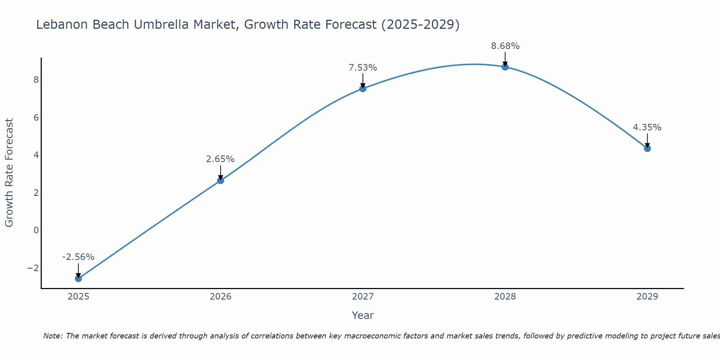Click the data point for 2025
78,278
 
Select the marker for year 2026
221,180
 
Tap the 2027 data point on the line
363,89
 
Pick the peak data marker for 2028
505,67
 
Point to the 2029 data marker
647,148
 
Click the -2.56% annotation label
78,257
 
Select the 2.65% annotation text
220,159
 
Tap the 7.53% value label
363,68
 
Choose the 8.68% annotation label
505,46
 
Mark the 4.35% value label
647,127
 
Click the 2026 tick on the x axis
221,297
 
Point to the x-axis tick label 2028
505,297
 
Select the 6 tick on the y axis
36,117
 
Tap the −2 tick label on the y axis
33,268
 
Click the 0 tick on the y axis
36,230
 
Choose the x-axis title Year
363,315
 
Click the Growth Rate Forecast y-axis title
9,173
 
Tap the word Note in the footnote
53,336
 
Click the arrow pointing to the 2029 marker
647,140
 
